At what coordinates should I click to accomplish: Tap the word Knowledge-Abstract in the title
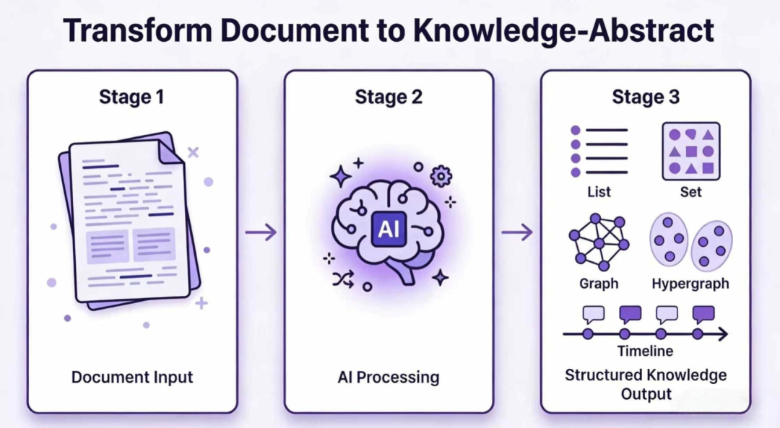[x=563, y=31]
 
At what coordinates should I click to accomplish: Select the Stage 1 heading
[x=131, y=97]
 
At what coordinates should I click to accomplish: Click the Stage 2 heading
[x=389, y=97]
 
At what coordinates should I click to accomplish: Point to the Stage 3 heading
[x=646, y=97]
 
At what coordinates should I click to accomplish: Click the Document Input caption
[x=132, y=377]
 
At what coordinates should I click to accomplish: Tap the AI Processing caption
[x=389, y=377]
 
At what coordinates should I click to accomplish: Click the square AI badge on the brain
[x=389, y=229]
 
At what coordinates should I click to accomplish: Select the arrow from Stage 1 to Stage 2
[x=261, y=232]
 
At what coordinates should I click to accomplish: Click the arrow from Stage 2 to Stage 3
[x=517, y=232]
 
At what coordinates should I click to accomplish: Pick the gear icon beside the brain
[x=441, y=176]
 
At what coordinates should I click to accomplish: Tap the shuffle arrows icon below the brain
[x=343, y=279]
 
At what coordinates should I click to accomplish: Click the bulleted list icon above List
[x=599, y=151]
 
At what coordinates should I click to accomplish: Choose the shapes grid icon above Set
[x=691, y=151]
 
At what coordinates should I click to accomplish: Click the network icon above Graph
[x=599, y=242]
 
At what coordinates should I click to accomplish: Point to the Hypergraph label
[x=690, y=284]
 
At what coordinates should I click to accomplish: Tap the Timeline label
[x=645, y=351]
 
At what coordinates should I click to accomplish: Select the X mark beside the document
[x=193, y=152]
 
